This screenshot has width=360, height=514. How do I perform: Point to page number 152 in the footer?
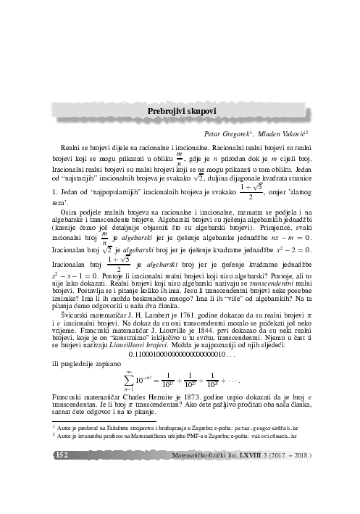[61, 456]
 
